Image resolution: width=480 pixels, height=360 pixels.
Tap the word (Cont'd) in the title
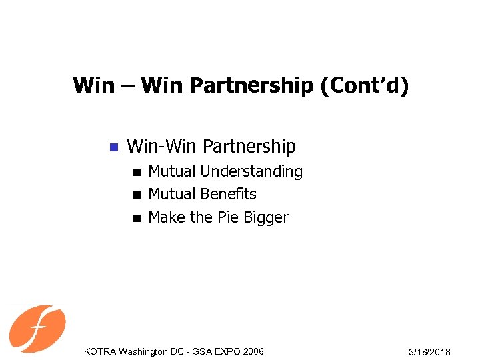(365, 87)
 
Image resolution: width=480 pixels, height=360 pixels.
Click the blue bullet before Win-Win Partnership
(113, 147)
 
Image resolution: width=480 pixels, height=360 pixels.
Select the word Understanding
(251, 172)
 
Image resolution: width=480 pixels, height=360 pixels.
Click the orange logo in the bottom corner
(37, 328)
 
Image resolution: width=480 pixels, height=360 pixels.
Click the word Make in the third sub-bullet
(165, 217)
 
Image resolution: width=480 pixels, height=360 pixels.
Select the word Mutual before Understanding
(172, 172)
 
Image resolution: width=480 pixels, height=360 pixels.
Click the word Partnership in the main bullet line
(249, 146)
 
